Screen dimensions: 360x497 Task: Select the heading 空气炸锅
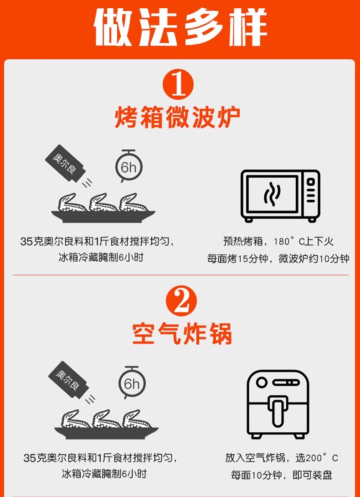pos(182,333)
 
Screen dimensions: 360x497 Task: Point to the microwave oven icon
pos(280,196)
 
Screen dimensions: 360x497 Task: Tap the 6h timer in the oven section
pos(129,166)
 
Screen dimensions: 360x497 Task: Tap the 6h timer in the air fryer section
pos(132,382)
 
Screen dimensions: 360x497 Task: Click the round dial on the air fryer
pos(262,382)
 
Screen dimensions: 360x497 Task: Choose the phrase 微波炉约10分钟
pos(314,259)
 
